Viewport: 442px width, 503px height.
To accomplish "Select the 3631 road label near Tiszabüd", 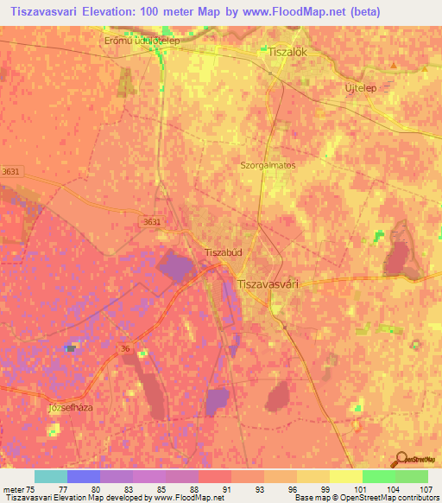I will (x=152, y=222).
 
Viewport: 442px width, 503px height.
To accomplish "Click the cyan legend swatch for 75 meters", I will (x=51, y=476).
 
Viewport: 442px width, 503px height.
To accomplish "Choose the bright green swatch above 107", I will (x=411, y=476).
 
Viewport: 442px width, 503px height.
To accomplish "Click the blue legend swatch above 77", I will (x=83, y=476).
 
